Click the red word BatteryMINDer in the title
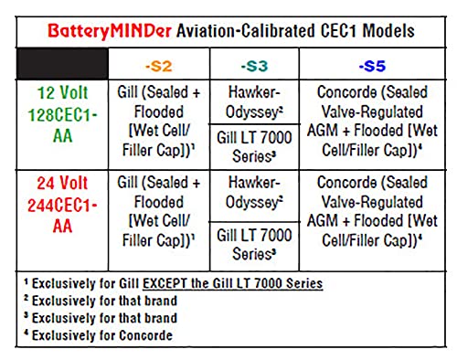click(x=110, y=31)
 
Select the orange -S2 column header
click(x=159, y=66)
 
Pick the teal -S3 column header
click(x=254, y=66)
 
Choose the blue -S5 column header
click(x=372, y=66)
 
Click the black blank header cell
click(x=62, y=64)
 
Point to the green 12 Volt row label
click(x=62, y=92)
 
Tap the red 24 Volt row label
click(x=62, y=183)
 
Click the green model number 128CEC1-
click(x=62, y=115)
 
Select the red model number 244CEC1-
click(x=62, y=206)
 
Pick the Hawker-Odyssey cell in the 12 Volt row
click(x=254, y=102)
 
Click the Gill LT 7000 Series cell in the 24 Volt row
click(x=254, y=245)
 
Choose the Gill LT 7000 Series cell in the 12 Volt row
click(x=254, y=147)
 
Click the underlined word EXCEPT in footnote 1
click(x=165, y=283)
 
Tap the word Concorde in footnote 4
click(x=145, y=335)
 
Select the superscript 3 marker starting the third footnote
click(x=27, y=315)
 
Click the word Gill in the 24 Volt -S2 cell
click(x=128, y=183)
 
